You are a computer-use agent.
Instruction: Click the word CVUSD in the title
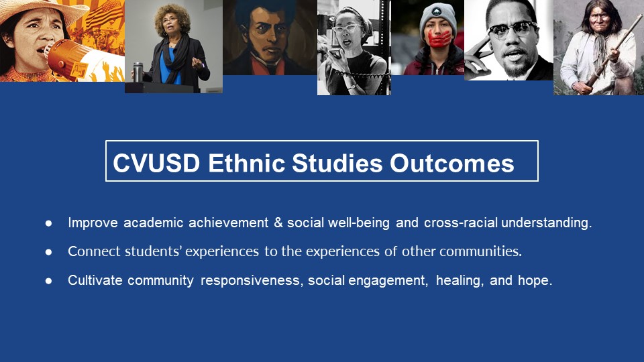[156, 163]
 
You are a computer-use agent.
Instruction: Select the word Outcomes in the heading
[451, 163]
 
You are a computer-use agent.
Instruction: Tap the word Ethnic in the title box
[246, 163]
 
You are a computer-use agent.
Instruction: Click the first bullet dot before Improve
[48, 223]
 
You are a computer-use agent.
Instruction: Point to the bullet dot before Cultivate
[48, 281]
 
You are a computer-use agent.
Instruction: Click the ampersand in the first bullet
[278, 223]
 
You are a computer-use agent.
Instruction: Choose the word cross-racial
[460, 223]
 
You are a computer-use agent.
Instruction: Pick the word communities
[480, 251]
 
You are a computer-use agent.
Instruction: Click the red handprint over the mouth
[439, 38]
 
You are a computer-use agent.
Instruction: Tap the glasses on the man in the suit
[513, 29]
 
